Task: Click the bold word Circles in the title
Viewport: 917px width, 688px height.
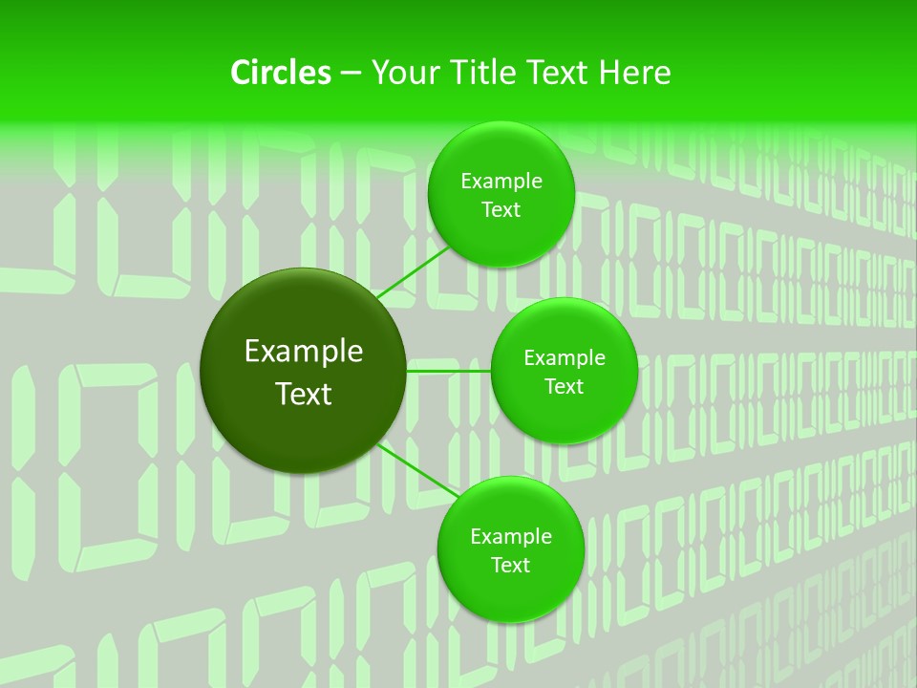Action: [280, 73]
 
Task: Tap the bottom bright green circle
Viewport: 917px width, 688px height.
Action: [510, 592]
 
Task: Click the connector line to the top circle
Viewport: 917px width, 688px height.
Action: [413, 273]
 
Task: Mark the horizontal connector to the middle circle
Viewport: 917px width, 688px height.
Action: [448, 370]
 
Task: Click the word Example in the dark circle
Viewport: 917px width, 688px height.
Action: [304, 352]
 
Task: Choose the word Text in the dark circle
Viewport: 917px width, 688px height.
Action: [304, 394]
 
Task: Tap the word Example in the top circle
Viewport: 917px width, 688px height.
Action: [501, 182]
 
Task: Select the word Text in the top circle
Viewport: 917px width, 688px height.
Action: [501, 210]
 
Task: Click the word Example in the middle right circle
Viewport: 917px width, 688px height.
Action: [565, 358]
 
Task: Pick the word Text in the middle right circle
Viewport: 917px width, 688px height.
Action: [565, 387]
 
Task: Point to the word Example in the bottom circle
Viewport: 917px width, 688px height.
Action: [511, 537]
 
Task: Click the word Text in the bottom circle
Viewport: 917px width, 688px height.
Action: [510, 566]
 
